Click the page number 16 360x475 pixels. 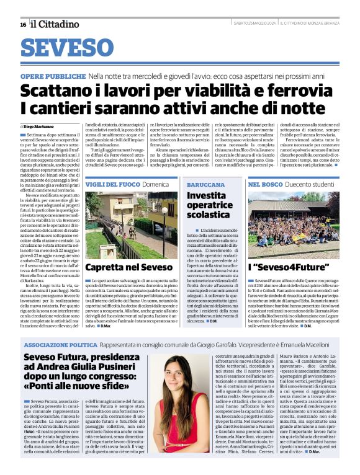point(22,24)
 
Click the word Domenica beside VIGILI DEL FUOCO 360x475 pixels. point(155,185)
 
